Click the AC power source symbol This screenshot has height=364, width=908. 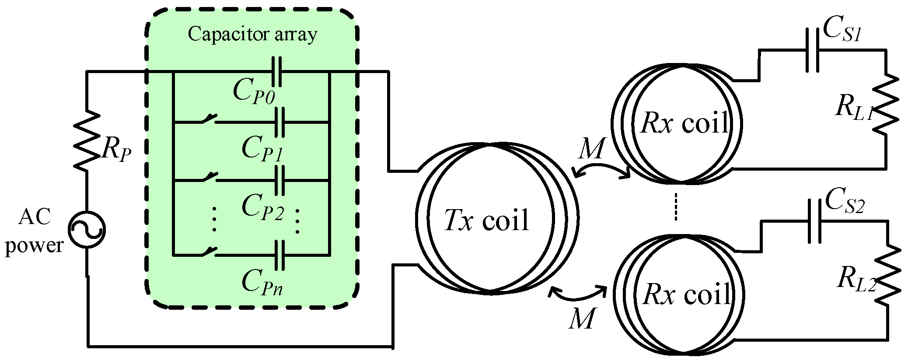87,230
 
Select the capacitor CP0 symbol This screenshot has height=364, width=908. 276,71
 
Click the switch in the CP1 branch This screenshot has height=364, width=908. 209,119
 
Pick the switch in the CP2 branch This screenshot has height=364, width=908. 209,177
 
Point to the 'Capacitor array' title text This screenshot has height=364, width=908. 252,34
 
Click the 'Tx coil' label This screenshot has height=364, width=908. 486,220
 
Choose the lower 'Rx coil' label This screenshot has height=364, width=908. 687,294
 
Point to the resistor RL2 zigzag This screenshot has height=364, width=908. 888,275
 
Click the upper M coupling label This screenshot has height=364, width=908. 591,150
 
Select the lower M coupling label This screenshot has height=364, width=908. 582,318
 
